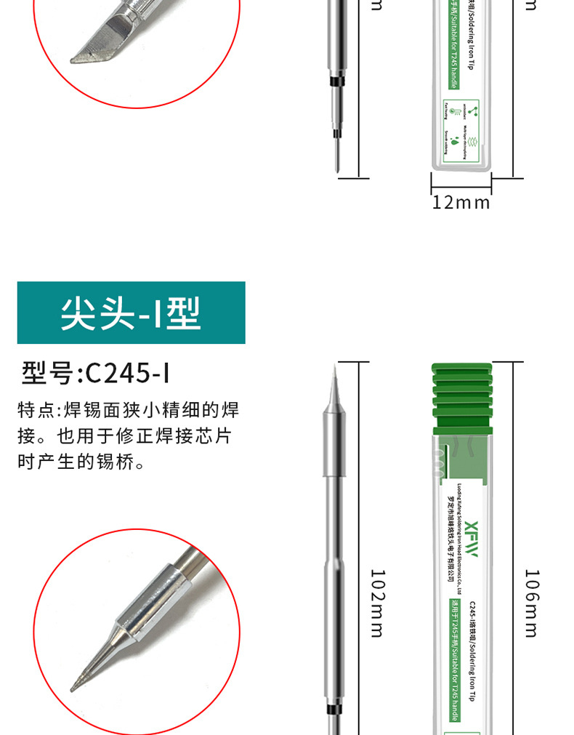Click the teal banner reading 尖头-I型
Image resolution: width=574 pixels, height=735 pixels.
tap(131, 313)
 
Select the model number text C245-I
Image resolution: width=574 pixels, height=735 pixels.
tap(128, 374)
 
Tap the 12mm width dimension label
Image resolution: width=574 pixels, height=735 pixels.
tap(461, 203)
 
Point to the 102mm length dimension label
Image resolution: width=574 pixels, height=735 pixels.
tap(377, 603)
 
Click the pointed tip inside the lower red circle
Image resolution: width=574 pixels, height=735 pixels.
tap(76, 686)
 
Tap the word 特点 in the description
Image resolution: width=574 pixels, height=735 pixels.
tap(36, 411)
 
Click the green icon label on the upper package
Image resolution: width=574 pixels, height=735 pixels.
tap(461, 128)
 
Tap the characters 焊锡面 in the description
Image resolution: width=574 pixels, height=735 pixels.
tap(95, 411)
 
